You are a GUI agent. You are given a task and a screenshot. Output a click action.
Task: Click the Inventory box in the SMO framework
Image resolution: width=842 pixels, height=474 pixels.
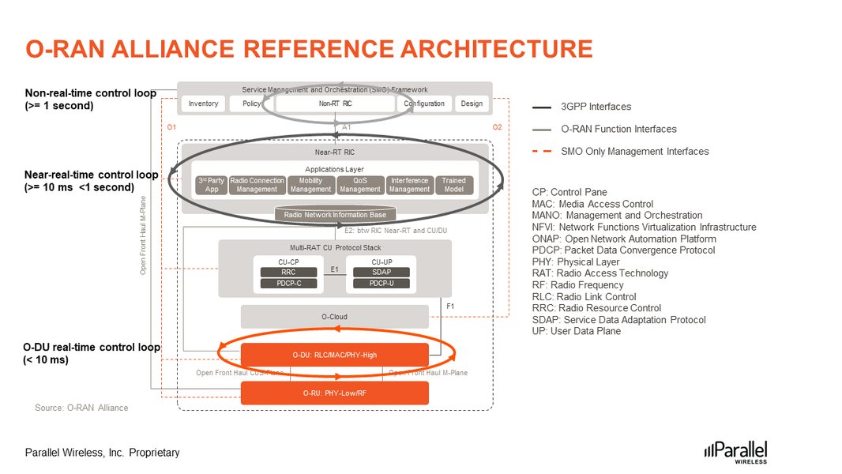204,103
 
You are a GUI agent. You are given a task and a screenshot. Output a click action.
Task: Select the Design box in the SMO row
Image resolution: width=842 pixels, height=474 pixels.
472,103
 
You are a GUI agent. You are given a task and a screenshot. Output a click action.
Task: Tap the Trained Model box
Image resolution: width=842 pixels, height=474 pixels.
454,185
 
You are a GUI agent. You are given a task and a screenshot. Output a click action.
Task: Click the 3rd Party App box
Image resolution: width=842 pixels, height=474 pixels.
210,185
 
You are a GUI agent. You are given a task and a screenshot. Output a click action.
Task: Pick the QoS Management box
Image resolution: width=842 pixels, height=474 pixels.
360,185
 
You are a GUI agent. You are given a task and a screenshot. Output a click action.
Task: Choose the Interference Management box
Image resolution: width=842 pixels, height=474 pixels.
409,185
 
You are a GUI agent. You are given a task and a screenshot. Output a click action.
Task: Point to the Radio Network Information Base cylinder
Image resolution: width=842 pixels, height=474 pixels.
335,213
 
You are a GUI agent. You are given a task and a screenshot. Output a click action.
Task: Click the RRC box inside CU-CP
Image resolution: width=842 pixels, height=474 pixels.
288,272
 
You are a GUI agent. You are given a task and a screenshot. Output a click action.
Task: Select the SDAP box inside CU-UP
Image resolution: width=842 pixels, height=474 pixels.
381,272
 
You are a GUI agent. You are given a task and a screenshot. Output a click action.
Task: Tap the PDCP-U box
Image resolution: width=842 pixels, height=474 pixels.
381,283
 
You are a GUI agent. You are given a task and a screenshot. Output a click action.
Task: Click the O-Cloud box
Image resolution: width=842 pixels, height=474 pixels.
334,317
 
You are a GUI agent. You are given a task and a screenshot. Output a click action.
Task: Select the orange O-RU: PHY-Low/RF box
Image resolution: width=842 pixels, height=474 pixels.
334,393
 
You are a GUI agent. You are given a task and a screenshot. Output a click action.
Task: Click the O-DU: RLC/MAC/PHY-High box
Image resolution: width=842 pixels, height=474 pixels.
334,355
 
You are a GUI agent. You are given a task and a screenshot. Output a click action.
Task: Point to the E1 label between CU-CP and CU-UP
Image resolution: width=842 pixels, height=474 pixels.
334,269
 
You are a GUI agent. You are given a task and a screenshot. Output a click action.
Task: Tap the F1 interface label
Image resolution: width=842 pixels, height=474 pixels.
450,305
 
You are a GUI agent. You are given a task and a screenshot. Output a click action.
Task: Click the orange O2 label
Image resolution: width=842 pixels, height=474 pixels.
497,127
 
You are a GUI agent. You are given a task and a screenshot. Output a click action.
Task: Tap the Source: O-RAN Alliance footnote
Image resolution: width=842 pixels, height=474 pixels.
81,408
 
